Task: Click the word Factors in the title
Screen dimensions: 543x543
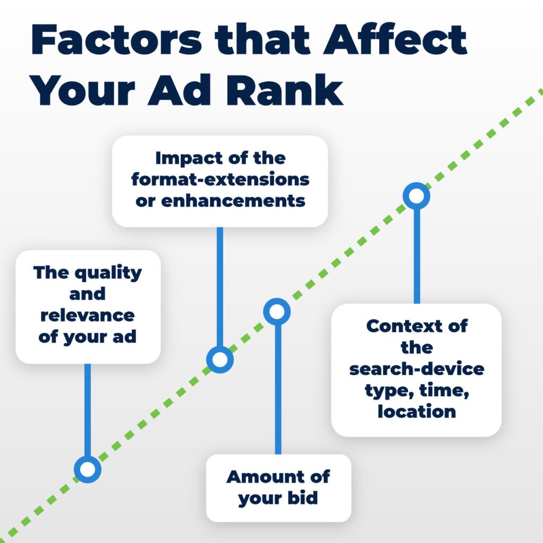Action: click(116, 39)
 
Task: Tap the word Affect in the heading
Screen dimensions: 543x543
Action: click(395, 39)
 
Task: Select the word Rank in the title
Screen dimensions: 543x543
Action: click(284, 90)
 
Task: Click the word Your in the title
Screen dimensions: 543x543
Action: click(82, 91)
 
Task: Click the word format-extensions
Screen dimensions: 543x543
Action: click(220, 179)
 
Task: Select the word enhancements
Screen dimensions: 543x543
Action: click(233, 201)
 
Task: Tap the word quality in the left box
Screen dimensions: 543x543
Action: click(108, 274)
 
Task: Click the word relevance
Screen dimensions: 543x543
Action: click(87, 316)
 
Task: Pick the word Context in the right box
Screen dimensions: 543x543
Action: click(401, 326)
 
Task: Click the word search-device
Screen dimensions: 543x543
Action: click(417, 369)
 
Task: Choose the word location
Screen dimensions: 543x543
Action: click(417, 411)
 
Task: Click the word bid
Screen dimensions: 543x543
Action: click(303, 498)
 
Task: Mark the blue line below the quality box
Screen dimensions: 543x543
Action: click(87, 410)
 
